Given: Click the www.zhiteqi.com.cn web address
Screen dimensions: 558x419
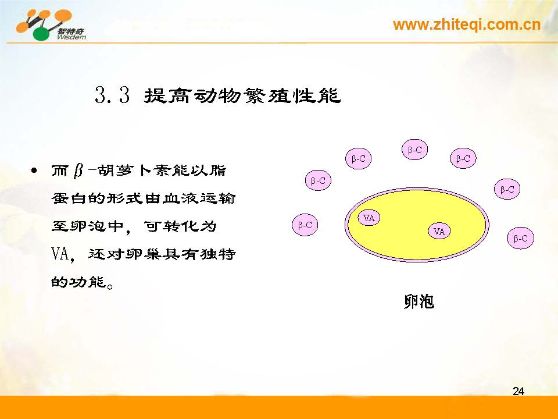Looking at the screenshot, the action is pos(467,24).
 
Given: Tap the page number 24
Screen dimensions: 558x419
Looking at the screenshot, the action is pos(518,391).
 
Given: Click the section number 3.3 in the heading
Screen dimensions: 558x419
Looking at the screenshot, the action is pos(112,95).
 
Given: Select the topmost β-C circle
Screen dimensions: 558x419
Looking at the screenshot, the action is pos(414,150).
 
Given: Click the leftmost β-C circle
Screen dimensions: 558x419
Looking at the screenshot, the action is pos(305,225).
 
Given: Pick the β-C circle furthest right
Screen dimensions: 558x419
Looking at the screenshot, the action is pos(521,238).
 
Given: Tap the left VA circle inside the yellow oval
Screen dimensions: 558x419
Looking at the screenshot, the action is pos(369,218).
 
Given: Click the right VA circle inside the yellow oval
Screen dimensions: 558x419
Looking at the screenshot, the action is pos(439,231).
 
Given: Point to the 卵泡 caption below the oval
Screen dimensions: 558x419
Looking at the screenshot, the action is pos(419,301).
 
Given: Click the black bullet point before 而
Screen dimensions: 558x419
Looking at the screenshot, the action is pos(34,171).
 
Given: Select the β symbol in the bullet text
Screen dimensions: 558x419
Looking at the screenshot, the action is pos(78,171).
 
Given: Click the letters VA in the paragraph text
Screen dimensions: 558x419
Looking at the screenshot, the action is pos(60,254).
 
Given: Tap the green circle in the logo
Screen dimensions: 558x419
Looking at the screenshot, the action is pos(41,33).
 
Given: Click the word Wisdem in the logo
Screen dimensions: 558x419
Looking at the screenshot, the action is pos(71,37).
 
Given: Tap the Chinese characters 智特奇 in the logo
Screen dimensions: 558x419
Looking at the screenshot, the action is pos(71,31).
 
